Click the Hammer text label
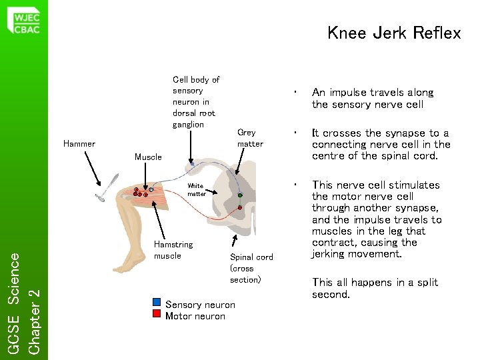point(79,143)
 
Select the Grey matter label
point(250,138)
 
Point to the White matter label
point(196,190)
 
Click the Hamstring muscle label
point(173,250)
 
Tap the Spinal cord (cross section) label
point(251,268)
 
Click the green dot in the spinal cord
point(240,195)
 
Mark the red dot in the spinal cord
point(240,208)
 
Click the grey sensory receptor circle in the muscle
point(151,190)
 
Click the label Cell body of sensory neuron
point(195,102)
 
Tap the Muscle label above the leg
point(148,157)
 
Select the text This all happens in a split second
point(375,288)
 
